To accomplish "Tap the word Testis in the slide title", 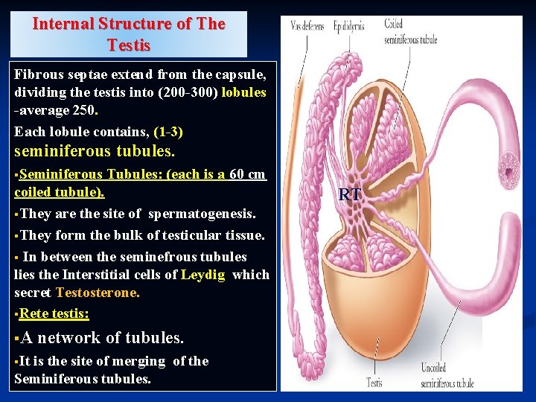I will coord(129,45).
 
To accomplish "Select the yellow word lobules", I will coord(243,92).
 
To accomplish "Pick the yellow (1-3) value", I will coord(168,132).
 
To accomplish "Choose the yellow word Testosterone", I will coord(97,293).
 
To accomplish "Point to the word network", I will coord(68,338).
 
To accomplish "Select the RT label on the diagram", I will coord(350,195).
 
